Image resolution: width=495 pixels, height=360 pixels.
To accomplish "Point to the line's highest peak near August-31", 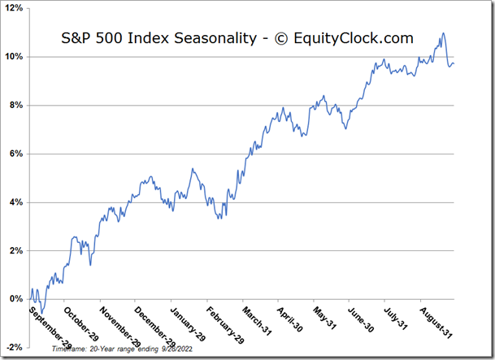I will click(x=443, y=33).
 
